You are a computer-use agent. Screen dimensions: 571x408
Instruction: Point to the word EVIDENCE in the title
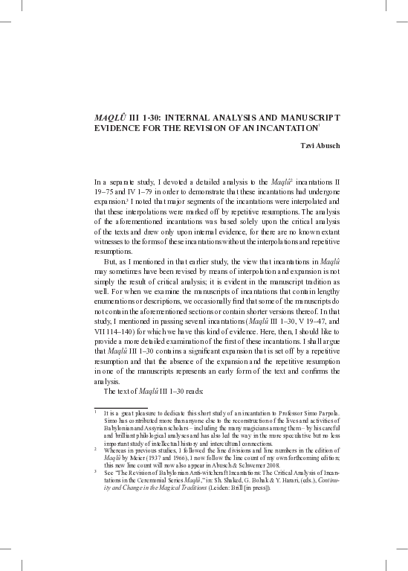click(117, 128)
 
